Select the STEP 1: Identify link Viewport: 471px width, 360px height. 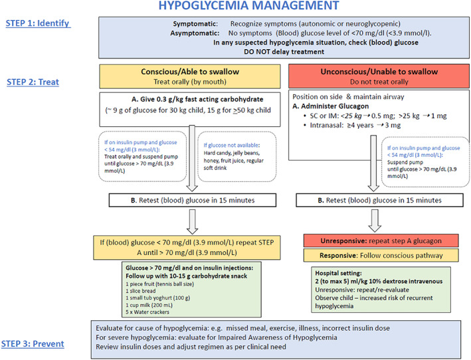click(38, 23)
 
